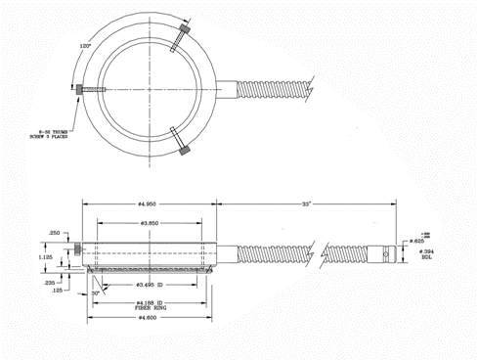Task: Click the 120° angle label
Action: (86, 45)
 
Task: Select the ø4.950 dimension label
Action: (148, 204)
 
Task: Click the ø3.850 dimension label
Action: (148, 224)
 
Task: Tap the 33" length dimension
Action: (308, 204)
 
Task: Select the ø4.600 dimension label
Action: (148, 318)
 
